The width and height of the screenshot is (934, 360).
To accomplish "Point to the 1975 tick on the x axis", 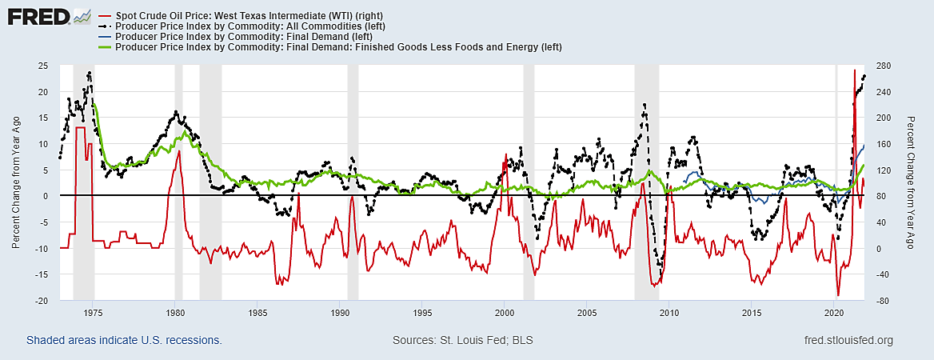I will [93, 312].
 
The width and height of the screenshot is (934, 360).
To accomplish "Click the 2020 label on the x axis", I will [834, 312].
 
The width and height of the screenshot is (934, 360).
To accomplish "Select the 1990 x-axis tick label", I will [340, 312].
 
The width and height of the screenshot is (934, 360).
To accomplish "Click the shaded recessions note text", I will [124, 341].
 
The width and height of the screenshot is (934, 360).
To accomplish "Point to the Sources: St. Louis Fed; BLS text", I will [463, 341].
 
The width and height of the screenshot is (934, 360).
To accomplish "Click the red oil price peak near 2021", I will [854, 70].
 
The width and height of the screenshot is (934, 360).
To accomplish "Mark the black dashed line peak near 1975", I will [89, 73].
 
